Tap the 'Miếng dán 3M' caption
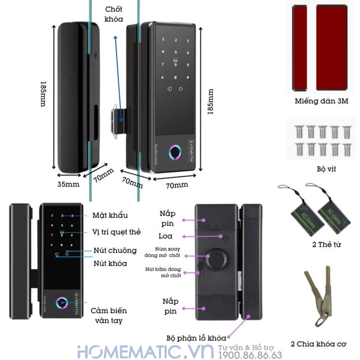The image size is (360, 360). (322, 101)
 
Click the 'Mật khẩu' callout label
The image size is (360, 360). (110, 216)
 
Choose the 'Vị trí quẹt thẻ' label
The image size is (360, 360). (117, 232)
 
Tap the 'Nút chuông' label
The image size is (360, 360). (115, 250)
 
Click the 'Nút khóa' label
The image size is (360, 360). (110, 263)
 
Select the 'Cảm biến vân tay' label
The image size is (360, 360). (109, 316)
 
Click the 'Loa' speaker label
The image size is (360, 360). (166, 235)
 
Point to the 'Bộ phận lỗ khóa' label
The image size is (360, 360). (196, 338)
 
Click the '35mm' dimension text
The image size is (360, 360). (69, 184)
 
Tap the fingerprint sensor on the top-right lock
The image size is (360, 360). (176, 153)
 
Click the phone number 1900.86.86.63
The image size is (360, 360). (250, 355)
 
